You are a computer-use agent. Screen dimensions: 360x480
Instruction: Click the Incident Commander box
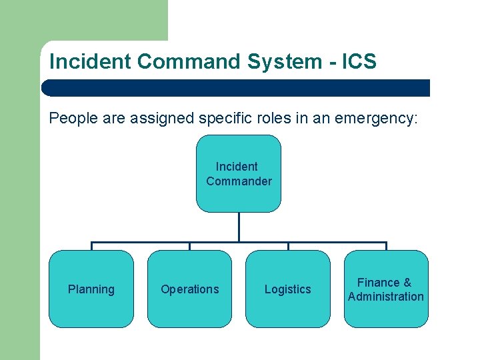click(x=239, y=173)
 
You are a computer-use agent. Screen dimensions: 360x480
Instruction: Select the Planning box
click(x=91, y=289)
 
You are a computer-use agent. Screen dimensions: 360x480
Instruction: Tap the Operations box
click(x=189, y=289)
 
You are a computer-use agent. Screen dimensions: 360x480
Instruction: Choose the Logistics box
click(x=287, y=289)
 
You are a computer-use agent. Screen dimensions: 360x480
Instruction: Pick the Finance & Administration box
click(x=386, y=289)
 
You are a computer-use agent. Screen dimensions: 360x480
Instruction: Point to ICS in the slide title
click(x=359, y=62)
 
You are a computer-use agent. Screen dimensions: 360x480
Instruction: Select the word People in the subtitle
click(x=71, y=119)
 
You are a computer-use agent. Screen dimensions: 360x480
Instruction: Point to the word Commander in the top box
click(x=239, y=181)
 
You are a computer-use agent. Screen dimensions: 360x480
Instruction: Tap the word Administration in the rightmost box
click(x=386, y=297)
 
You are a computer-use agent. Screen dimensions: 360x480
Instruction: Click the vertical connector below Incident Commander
click(x=239, y=227)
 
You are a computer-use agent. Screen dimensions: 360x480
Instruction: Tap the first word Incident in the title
click(x=91, y=62)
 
